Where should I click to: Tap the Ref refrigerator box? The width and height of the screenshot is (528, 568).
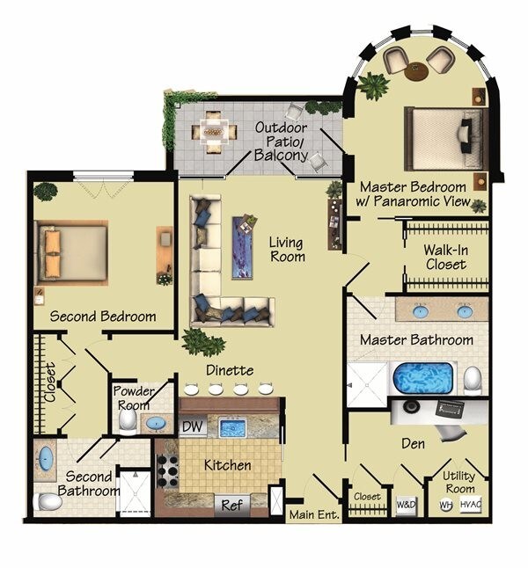click(231, 506)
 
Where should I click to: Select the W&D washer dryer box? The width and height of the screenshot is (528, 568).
click(406, 505)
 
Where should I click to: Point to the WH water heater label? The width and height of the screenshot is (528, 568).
click(445, 506)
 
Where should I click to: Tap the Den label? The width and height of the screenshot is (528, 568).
click(412, 444)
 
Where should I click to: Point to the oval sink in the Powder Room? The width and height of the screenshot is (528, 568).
click(156, 424)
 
